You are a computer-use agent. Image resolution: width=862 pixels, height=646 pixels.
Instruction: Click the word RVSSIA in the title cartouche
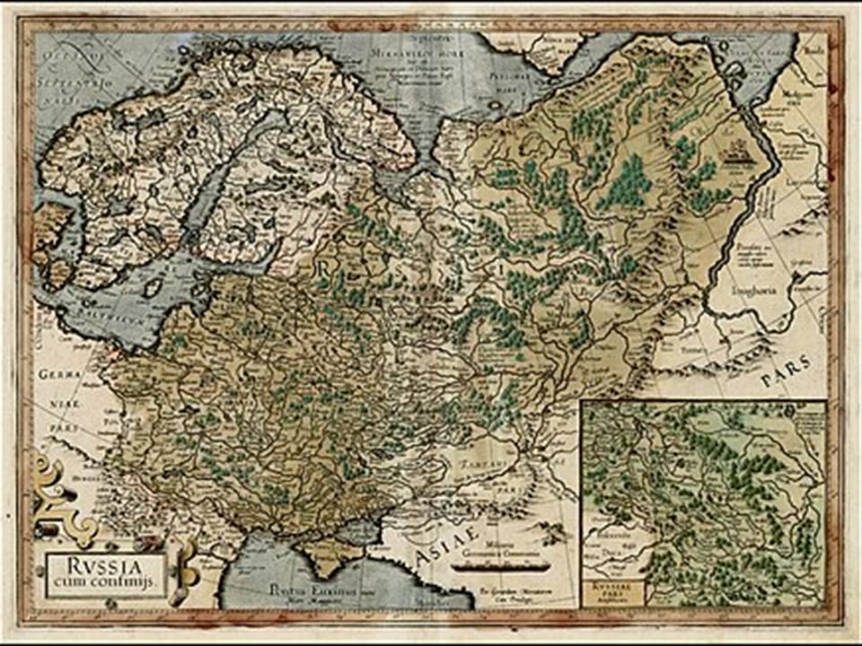[106, 567]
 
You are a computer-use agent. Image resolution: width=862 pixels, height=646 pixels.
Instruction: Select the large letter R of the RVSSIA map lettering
[324, 267]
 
